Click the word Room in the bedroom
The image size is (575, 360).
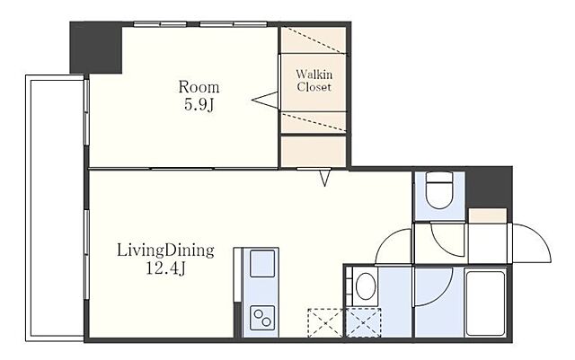pyautogui.click(x=199, y=87)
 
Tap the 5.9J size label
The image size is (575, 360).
pyautogui.click(x=199, y=105)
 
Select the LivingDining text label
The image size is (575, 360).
pyautogui.click(x=165, y=251)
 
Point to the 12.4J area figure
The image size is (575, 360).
pyautogui.click(x=165, y=269)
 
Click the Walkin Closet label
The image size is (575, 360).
pyautogui.click(x=314, y=81)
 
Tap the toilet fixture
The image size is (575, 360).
pyautogui.click(x=439, y=190)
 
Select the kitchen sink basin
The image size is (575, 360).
pyautogui.click(x=262, y=263)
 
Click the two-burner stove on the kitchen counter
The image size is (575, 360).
pyautogui.click(x=262, y=318)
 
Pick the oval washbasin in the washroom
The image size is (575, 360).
pyautogui.click(x=366, y=286)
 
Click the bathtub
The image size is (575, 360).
pyautogui.click(x=485, y=303)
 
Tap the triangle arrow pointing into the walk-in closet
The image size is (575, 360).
pyautogui.click(x=265, y=100)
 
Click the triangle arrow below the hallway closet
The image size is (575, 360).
pyautogui.click(x=325, y=178)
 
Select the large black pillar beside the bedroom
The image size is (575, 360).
pyautogui.click(x=96, y=48)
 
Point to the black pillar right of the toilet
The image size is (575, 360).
pyautogui.click(x=489, y=188)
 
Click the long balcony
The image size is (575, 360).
pyautogui.click(x=55, y=208)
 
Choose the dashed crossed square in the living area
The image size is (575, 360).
pyautogui.click(x=325, y=323)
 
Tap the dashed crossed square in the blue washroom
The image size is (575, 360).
pyautogui.click(x=363, y=323)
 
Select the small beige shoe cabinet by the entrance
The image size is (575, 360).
pyautogui.click(x=488, y=215)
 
